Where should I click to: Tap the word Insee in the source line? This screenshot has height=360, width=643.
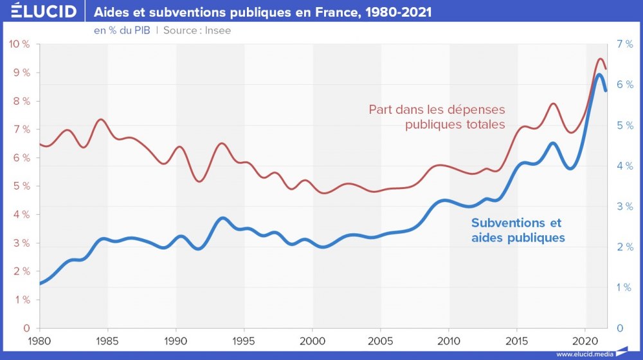point(218,30)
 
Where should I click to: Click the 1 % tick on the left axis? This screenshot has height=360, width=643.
point(21,300)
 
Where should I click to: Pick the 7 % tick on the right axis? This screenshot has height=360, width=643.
point(624,44)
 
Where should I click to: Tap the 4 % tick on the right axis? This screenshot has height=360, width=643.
point(624,166)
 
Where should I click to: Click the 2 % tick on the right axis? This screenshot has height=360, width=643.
point(624,247)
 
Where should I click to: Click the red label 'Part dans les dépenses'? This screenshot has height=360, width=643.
point(437,109)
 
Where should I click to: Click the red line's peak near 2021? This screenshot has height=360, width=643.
point(601,59)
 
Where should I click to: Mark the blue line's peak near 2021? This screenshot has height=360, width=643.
point(599,75)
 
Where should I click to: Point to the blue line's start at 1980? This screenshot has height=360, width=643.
point(41,283)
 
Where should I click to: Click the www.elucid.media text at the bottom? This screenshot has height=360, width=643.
point(584,354)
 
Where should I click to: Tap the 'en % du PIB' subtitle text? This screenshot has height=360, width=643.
point(122,30)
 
